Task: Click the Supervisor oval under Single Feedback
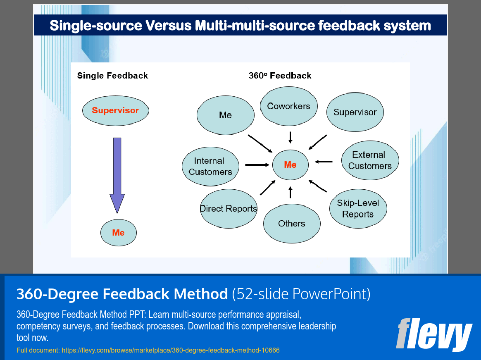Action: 115,110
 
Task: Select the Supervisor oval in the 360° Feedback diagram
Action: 355,112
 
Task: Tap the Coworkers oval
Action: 288,106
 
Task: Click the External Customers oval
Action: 370,160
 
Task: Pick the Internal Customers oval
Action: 210,166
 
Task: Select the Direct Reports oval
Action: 229,209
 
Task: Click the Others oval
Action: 292,224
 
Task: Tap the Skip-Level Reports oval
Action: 358,209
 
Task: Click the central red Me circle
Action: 290,165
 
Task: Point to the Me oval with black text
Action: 225,115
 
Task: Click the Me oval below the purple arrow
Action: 118,233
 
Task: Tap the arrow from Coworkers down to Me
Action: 291,137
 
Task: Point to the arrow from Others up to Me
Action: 291,192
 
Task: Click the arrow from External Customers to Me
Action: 324,162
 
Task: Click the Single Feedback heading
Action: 112,76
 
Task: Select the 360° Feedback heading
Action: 280,76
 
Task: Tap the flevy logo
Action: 433,334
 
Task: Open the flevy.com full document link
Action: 148,350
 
